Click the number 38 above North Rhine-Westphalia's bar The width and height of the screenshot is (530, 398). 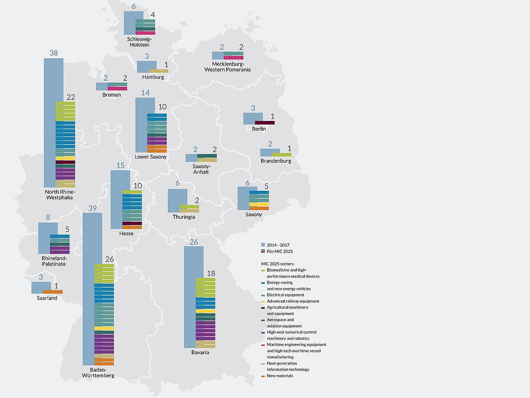click(53, 53)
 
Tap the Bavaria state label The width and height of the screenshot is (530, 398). click(201, 353)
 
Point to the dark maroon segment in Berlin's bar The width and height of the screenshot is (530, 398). click(265, 123)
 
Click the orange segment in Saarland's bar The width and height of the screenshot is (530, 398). click(53, 292)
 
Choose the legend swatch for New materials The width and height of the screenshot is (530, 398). click(263, 376)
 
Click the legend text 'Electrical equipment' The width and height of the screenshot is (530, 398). click(285, 295)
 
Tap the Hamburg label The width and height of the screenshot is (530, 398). click(153, 77)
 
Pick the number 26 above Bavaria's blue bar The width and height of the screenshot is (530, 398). click(193, 242)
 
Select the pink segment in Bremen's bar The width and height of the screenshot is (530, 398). click(117, 88)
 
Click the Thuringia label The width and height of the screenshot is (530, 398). click(184, 217)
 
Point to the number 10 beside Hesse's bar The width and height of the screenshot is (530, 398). click(138, 186)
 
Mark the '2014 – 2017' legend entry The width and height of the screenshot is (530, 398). click(278, 245)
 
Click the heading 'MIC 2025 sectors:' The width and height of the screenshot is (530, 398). click(278, 264)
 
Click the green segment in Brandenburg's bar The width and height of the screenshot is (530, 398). click(281, 155)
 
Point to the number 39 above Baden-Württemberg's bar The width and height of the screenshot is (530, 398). click(92, 208)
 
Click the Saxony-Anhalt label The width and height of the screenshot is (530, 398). click(201, 169)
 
